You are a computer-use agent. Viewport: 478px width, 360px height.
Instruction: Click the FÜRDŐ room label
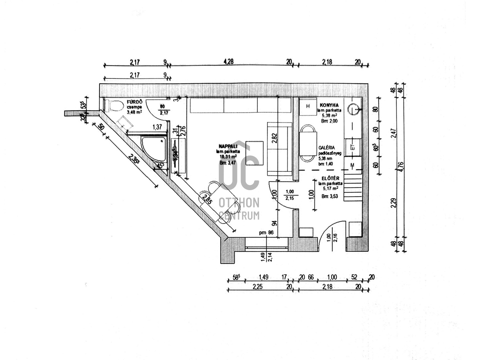click(x=134, y=102)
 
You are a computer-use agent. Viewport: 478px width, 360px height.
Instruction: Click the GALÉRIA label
click(x=326, y=148)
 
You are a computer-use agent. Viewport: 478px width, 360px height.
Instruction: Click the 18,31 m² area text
click(x=228, y=157)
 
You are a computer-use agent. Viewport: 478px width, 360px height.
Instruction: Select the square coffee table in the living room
click(x=254, y=153)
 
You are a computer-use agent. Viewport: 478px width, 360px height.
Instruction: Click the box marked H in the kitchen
click(x=308, y=106)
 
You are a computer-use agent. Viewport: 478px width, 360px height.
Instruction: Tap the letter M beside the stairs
click(x=352, y=166)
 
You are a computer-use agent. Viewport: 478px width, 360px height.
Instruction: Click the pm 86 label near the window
click(x=266, y=233)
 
